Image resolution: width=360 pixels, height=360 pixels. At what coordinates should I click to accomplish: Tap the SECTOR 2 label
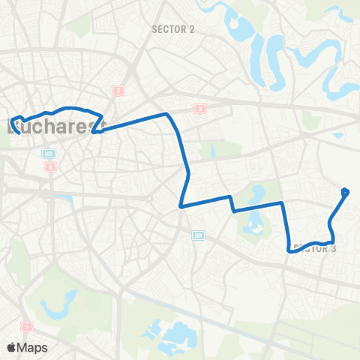pos(173,29)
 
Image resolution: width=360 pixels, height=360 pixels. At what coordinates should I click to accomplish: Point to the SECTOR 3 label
pos(315,248)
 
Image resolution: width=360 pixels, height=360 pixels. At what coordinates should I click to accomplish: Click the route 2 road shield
pos(118,91)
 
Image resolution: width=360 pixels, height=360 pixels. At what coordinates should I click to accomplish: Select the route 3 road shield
pos(199,109)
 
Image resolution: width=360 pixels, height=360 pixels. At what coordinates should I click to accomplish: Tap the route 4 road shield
pos(50,166)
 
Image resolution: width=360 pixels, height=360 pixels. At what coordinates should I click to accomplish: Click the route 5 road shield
pos(27,327)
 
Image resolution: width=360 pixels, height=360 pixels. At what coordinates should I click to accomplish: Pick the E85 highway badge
pos(48,154)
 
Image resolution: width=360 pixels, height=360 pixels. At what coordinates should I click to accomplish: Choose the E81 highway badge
pos(198,235)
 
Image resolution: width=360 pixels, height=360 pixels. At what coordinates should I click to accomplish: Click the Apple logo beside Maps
pos(12,347)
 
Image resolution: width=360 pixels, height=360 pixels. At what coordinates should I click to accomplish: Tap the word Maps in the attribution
pos(34,347)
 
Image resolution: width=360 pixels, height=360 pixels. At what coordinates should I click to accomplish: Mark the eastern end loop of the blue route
pos(345,193)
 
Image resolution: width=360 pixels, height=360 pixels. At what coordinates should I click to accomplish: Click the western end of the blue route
pos(13,117)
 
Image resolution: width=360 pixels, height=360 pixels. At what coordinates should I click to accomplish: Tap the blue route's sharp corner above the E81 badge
pos(181,205)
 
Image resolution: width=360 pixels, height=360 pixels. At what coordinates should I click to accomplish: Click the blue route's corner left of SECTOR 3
pos(289,250)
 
